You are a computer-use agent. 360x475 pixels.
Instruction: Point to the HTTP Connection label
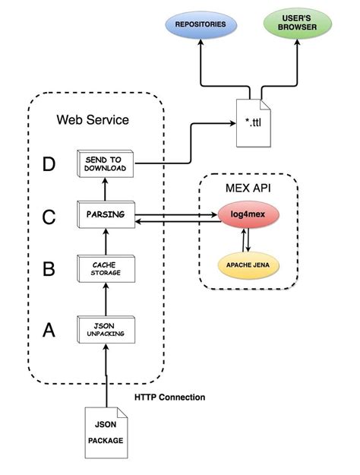170,397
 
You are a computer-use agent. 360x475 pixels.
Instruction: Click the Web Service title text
93,120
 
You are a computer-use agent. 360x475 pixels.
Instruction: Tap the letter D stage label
49,165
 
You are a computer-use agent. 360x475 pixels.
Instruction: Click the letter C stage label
49,217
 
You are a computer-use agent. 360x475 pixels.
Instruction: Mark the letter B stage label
49,270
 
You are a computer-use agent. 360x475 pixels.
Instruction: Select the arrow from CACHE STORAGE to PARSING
106,241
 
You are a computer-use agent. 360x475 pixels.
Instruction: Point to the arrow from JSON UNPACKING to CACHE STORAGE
106,298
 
